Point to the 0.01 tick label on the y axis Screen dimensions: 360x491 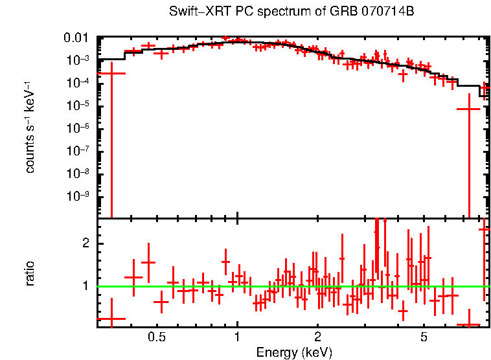[x=79, y=38]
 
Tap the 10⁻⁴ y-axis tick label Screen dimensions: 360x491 [x=79, y=83]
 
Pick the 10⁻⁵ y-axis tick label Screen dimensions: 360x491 [x=79, y=106]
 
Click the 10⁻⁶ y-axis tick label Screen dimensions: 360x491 [x=79, y=128]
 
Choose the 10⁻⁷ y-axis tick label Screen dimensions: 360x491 [x=79, y=151]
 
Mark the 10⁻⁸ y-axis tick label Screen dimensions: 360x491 [x=79, y=174]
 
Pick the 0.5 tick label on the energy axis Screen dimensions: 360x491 [x=156, y=337]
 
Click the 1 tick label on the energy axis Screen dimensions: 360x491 [x=237, y=337]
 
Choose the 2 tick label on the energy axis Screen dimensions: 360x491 [x=317, y=337]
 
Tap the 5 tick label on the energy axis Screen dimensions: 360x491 [x=424, y=337]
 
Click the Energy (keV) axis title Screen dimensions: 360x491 [x=294, y=352]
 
